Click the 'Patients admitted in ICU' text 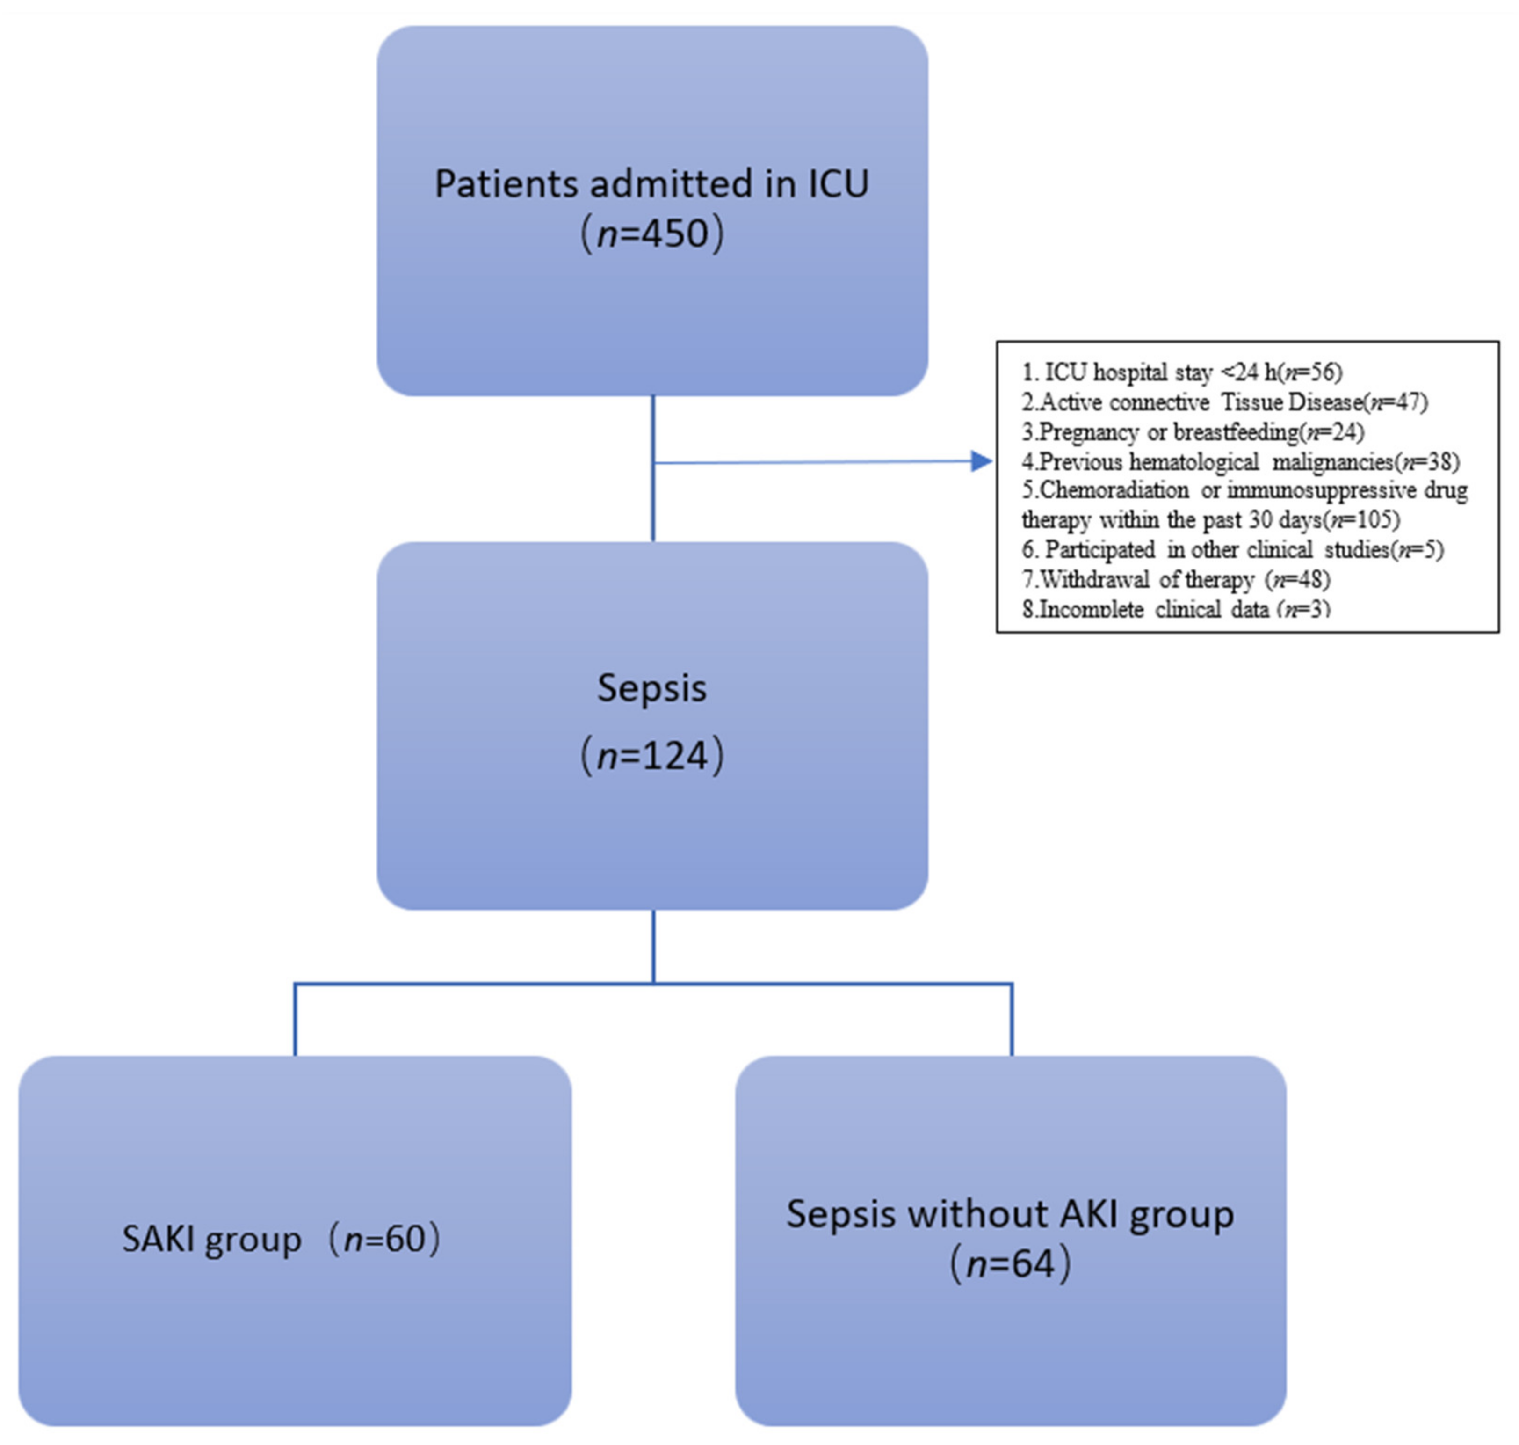coord(651,184)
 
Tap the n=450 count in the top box coord(651,234)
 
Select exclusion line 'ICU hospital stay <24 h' coord(1182,373)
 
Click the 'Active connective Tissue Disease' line coord(1224,402)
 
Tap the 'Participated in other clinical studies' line coord(1232,549)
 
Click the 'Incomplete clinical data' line coord(1176,609)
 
